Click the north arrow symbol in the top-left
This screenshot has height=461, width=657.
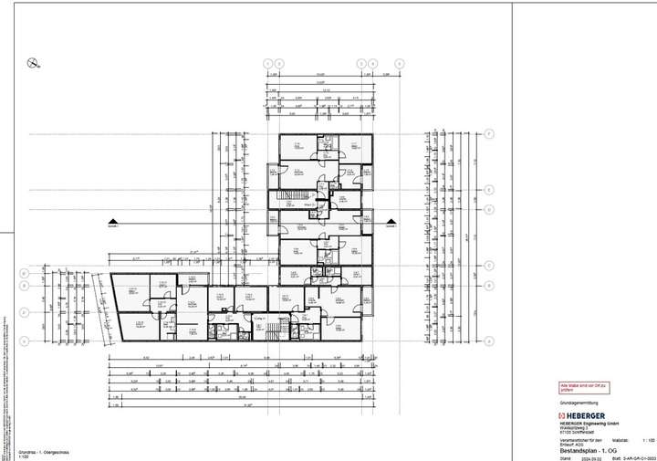pos(33,63)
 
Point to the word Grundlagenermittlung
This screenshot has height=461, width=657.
pos(575,403)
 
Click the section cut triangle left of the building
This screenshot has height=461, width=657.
pos(111,221)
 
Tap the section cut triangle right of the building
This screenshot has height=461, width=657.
pos(392,221)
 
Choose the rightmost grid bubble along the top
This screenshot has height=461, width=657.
pos(400,63)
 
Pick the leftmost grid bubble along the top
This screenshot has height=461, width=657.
pos(268,63)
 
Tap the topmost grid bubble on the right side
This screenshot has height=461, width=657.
pos(489,134)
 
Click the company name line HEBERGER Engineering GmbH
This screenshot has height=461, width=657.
pos(589,424)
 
